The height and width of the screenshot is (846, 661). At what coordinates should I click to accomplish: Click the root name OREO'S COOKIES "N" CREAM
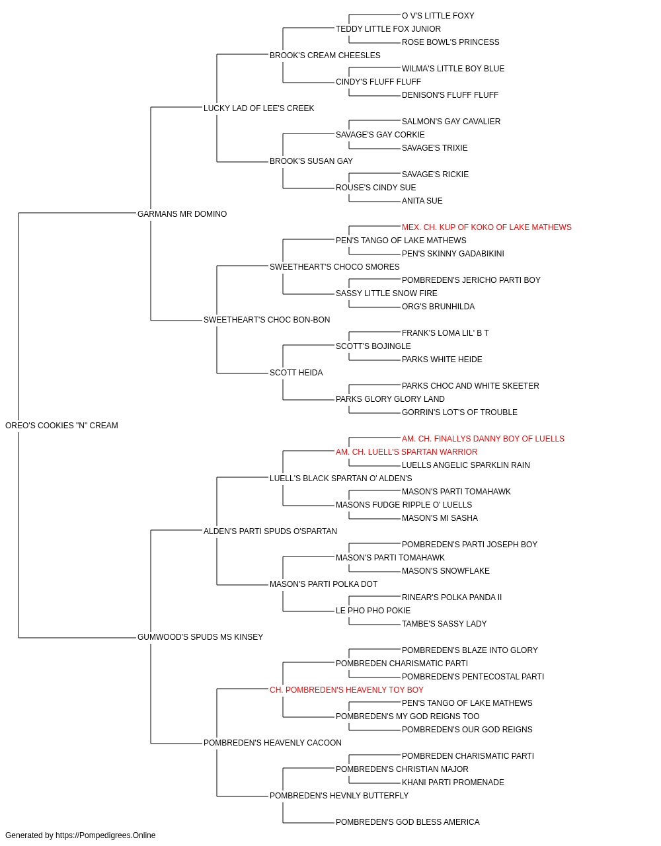(61, 425)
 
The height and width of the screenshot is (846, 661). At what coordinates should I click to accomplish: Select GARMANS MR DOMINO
(182, 213)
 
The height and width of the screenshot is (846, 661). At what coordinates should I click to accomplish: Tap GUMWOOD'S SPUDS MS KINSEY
(200, 637)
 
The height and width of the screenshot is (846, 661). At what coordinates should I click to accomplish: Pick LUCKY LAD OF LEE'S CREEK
(258, 108)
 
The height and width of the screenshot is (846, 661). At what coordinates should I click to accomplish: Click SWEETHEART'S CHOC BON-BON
(266, 320)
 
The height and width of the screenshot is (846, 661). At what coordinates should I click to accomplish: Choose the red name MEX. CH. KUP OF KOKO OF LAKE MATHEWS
(486, 227)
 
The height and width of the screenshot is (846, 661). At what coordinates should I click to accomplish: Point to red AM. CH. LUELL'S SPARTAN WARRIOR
(407, 451)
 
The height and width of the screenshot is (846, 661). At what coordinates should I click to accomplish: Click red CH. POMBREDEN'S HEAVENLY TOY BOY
(346, 690)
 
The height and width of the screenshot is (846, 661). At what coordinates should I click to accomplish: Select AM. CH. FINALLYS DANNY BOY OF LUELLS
(483, 438)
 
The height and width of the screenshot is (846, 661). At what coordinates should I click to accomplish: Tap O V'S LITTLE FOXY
(438, 16)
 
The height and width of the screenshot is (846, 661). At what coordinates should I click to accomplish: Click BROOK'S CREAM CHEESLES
(325, 56)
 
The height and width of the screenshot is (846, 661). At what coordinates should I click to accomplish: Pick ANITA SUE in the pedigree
(422, 200)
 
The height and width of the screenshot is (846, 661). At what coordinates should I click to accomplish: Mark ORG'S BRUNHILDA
(438, 307)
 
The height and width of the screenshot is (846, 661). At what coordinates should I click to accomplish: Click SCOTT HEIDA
(296, 373)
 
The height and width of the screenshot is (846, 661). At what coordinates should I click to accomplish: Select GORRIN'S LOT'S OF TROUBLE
(459, 412)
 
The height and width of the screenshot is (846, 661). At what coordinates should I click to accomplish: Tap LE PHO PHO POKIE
(373, 611)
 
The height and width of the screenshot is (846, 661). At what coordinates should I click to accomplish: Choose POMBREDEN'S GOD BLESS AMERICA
(408, 822)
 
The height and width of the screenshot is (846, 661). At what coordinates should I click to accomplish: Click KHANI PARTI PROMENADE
(453, 782)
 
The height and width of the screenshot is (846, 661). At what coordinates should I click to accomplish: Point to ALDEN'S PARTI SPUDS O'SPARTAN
(270, 531)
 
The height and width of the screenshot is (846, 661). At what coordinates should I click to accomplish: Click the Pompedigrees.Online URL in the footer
(105, 835)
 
